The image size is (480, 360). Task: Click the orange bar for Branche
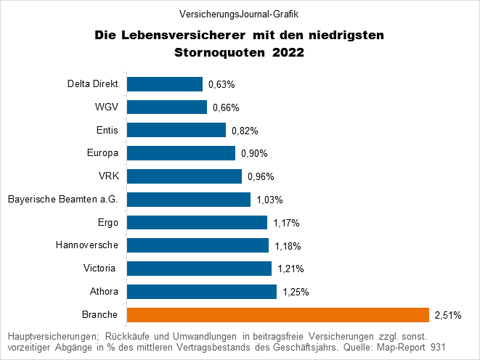click(x=278, y=314)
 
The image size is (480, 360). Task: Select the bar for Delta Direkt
click(x=165, y=84)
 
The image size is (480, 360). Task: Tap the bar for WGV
click(x=167, y=107)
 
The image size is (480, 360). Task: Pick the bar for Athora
click(x=202, y=292)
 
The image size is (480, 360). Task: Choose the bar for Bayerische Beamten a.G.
click(x=189, y=200)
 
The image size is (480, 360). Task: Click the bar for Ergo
click(x=198, y=223)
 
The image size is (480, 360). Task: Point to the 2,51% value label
click(x=447, y=315)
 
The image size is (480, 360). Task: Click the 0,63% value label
click(x=221, y=85)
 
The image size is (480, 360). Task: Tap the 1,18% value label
click(x=288, y=246)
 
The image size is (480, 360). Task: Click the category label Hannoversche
click(x=87, y=245)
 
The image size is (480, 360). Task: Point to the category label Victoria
click(x=101, y=269)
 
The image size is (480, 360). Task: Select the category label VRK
click(x=108, y=176)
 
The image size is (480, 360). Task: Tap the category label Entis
click(x=107, y=130)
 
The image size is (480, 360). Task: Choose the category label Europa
click(x=102, y=153)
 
